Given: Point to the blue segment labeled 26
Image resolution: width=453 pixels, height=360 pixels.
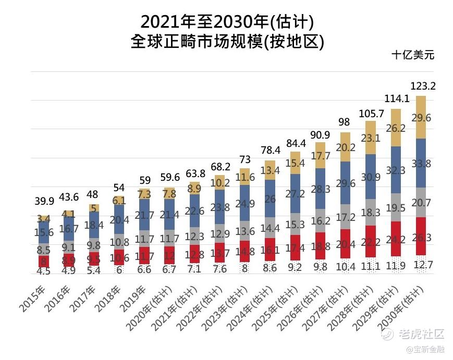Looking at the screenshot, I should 270,198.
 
